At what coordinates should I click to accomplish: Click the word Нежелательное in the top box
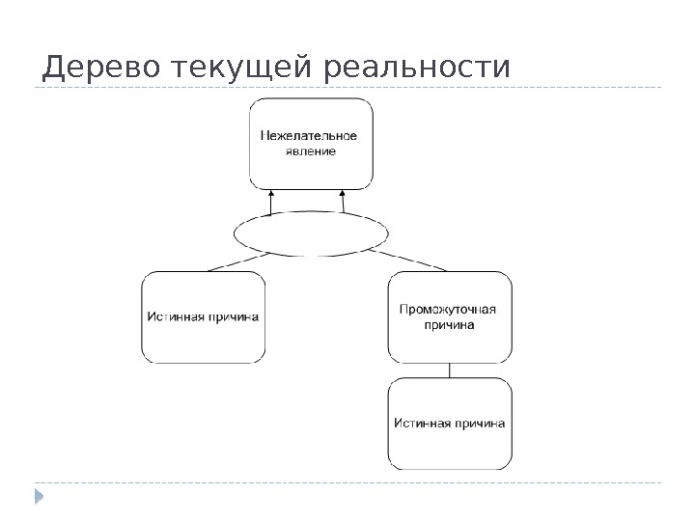[310, 136]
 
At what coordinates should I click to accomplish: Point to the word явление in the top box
[311, 151]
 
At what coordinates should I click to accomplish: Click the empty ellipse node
[312, 233]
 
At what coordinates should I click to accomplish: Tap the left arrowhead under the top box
[273, 194]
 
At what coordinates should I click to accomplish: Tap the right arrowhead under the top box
[342, 194]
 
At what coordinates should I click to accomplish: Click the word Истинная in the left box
[174, 315]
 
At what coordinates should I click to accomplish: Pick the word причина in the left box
[232, 315]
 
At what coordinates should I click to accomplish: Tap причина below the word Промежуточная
[449, 325]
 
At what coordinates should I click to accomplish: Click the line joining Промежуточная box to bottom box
[450, 370]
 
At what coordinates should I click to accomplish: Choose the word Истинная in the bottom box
[421, 422]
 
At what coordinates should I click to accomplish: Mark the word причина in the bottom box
[479, 422]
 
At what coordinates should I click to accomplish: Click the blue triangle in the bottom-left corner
[40, 497]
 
